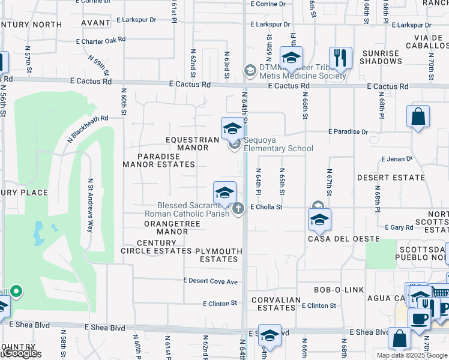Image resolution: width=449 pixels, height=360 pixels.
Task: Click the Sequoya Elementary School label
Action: [x=278, y=148]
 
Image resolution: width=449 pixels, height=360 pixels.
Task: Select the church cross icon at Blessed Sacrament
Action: [x=238, y=209]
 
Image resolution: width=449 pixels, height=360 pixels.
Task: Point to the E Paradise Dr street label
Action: [x=348, y=131]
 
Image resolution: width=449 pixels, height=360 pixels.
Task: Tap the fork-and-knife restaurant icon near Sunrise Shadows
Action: [x=340, y=59]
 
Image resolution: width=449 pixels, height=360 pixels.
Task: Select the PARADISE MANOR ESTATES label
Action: [x=159, y=160]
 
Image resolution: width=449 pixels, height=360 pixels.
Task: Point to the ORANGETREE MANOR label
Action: [x=172, y=227]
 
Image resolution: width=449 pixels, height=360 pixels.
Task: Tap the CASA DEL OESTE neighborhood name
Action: [x=344, y=239]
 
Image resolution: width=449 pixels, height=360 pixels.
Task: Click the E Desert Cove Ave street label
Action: [x=211, y=281]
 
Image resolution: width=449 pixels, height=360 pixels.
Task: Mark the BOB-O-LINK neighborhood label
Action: [x=339, y=290]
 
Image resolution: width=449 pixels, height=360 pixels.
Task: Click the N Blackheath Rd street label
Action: [x=88, y=128]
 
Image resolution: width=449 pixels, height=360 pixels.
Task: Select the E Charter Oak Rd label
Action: [x=101, y=40]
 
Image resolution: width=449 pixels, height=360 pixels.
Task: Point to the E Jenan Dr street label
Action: [x=397, y=159]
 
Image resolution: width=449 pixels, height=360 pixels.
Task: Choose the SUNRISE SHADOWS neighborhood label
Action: [x=380, y=57]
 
